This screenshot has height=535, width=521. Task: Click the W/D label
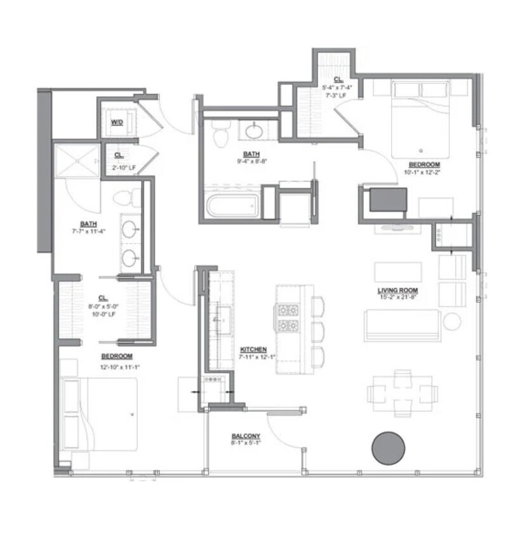[117, 122]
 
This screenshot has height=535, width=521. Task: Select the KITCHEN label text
[254, 349]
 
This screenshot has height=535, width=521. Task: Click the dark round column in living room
[388, 449]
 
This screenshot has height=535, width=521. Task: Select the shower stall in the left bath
[77, 162]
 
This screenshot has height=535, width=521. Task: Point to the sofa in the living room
[402, 325]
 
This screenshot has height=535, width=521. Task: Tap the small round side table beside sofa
[452, 321]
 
